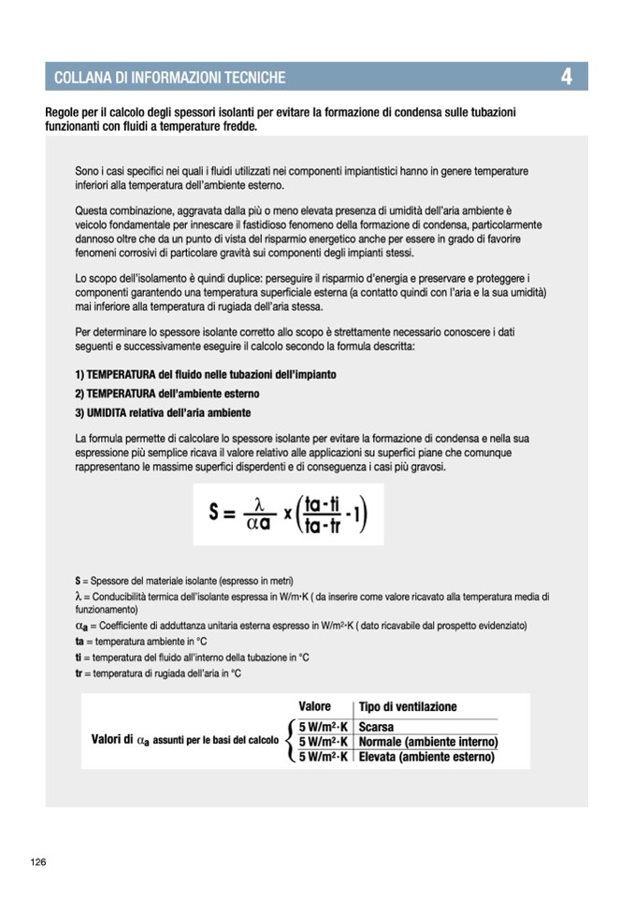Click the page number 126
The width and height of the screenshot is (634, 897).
click(x=38, y=861)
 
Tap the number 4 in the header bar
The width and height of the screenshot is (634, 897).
click(x=567, y=77)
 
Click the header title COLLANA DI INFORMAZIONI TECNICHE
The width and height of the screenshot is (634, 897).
click(x=170, y=78)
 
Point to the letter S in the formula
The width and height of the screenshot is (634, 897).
click(x=215, y=514)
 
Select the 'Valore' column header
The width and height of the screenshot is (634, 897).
click(x=315, y=706)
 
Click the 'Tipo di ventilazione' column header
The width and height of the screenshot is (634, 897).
click(x=408, y=707)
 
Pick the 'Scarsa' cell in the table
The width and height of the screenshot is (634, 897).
click(x=376, y=727)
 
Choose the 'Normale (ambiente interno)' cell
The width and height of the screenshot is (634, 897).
click(x=427, y=742)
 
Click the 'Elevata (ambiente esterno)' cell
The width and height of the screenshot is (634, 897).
click(x=425, y=757)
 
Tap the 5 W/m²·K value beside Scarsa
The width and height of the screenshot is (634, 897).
click(x=324, y=727)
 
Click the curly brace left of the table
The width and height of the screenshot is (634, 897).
click(x=290, y=742)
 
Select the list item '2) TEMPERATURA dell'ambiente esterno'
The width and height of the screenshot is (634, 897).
click(x=167, y=394)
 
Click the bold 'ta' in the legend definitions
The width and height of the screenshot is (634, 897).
click(x=79, y=643)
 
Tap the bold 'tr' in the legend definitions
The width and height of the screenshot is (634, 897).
click(x=79, y=673)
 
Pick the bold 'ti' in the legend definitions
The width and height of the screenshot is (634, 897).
click(x=79, y=658)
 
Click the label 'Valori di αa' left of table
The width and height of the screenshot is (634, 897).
click(x=120, y=741)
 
